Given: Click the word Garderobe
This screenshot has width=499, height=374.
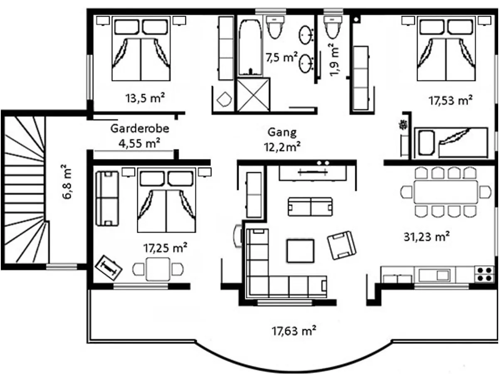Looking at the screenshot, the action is coord(140,129).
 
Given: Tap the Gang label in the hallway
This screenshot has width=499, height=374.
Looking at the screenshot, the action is coord(282,133).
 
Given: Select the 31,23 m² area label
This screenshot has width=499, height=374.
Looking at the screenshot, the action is coord(427,237).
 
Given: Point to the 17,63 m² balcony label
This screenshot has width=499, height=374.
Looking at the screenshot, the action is coord(294,331).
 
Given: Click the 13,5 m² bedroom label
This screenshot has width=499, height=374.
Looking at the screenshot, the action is coord(145,98).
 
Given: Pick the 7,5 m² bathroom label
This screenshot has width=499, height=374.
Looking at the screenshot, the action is coord(282,58).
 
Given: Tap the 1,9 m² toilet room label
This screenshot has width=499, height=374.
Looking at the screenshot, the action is coord(334,60).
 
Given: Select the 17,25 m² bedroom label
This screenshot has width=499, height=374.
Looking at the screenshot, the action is coord(165,248).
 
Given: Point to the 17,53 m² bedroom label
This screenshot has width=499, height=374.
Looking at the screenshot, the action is coord(451,101).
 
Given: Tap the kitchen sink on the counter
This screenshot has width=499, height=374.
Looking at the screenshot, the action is coord(435,275).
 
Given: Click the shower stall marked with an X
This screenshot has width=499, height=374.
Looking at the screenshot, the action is coord(253,95).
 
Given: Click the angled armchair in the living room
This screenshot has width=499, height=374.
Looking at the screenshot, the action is coord(342,245).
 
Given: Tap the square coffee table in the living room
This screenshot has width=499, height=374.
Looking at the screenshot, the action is coord(301,251).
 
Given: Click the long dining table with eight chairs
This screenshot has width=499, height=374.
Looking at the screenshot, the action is coord(446,192).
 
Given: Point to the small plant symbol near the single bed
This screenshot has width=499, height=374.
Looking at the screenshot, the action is coord(404,125).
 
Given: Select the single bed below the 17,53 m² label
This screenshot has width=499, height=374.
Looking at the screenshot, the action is coord(451,143).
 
